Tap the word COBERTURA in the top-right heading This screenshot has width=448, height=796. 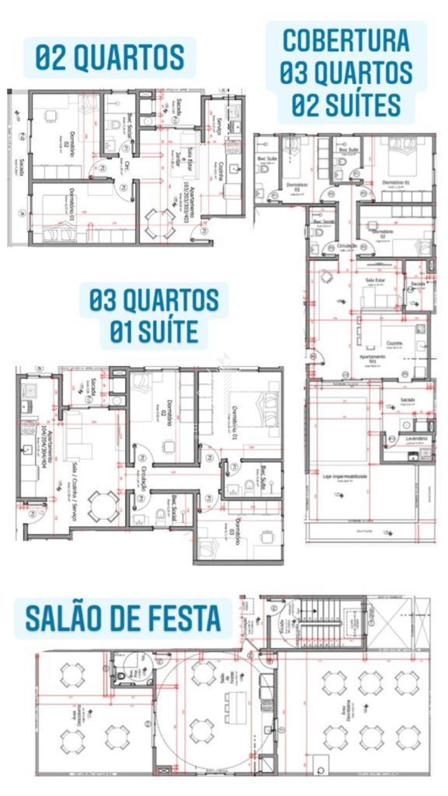coord(346,40)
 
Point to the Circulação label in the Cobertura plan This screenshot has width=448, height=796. coord(347,247)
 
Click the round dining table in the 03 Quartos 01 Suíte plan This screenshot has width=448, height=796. coord(103,506)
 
